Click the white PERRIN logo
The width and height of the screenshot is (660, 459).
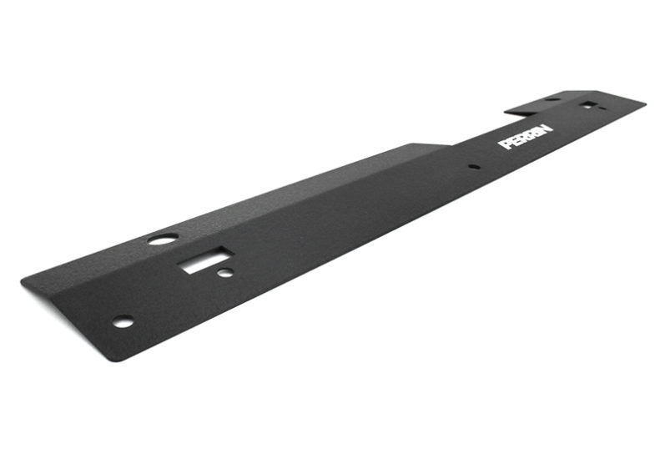[x=525, y=138]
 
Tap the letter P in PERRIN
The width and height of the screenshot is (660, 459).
[x=504, y=144]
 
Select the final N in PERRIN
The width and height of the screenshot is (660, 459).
[x=546, y=132]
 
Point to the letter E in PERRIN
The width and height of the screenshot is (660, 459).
[x=512, y=141]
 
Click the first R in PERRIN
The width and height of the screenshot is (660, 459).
[x=521, y=139]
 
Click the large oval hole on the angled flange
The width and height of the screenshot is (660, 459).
[x=162, y=239]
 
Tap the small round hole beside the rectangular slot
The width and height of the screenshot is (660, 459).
[x=224, y=273]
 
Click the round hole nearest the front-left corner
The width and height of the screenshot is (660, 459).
[x=122, y=321]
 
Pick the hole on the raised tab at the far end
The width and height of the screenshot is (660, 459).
[x=552, y=99]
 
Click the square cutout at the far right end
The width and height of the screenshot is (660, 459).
[x=589, y=105]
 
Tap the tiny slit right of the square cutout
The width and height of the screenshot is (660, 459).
[x=602, y=107]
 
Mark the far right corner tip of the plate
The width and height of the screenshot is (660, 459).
[x=644, y=103]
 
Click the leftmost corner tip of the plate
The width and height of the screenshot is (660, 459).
[x=23, y=280]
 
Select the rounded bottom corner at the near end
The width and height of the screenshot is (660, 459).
[x=123, y=360]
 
